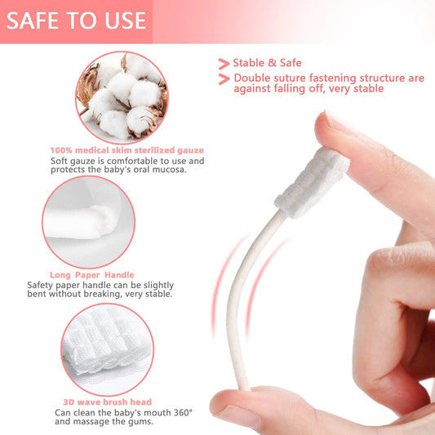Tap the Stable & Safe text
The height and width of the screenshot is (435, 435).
pyautogui.click(x=267, y=63)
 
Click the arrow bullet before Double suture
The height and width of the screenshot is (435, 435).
pyautogui.click(x=224, y=78)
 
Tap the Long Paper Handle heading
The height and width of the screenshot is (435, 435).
pyautogui.click(x=91, y=275)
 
